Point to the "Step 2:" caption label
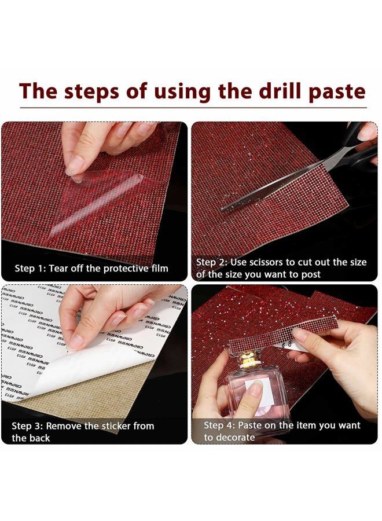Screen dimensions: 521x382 (212, 262)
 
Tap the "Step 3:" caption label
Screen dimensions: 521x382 (28, 425)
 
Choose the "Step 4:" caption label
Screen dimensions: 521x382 (220, 425)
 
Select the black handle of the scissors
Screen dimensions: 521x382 (366, 145)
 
